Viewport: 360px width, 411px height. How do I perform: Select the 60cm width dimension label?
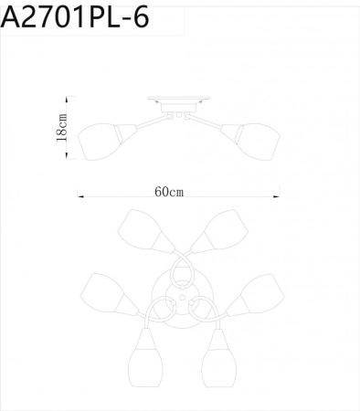[169, 192]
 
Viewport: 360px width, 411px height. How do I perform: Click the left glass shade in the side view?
[98, 140]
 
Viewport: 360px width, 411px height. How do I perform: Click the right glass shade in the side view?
[259, 140]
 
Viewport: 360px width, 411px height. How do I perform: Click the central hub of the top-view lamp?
[180, 297]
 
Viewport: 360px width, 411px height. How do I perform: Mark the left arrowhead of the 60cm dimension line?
[79, 194]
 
